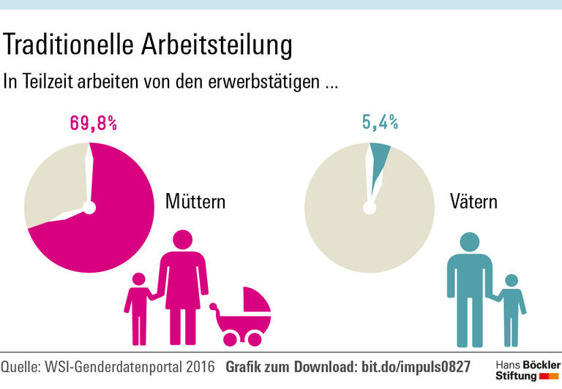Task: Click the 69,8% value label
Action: (x=93, y=123)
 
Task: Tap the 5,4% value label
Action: (x=380, y=123)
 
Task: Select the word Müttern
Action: (x=195, y=201)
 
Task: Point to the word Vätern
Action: (x=473, y=201)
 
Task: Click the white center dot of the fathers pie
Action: (x=370, y=208)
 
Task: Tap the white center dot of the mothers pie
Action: (x=89, y=208)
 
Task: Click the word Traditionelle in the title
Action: (x=67, y=45)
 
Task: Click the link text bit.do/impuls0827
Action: (x=416, y=366)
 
